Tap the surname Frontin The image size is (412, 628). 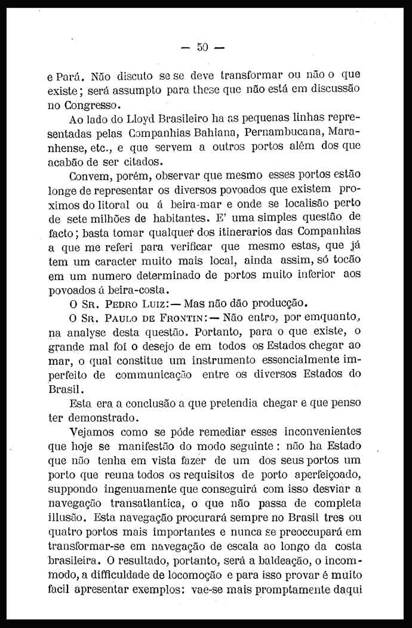pyautogui.click(x=176, y=316)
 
